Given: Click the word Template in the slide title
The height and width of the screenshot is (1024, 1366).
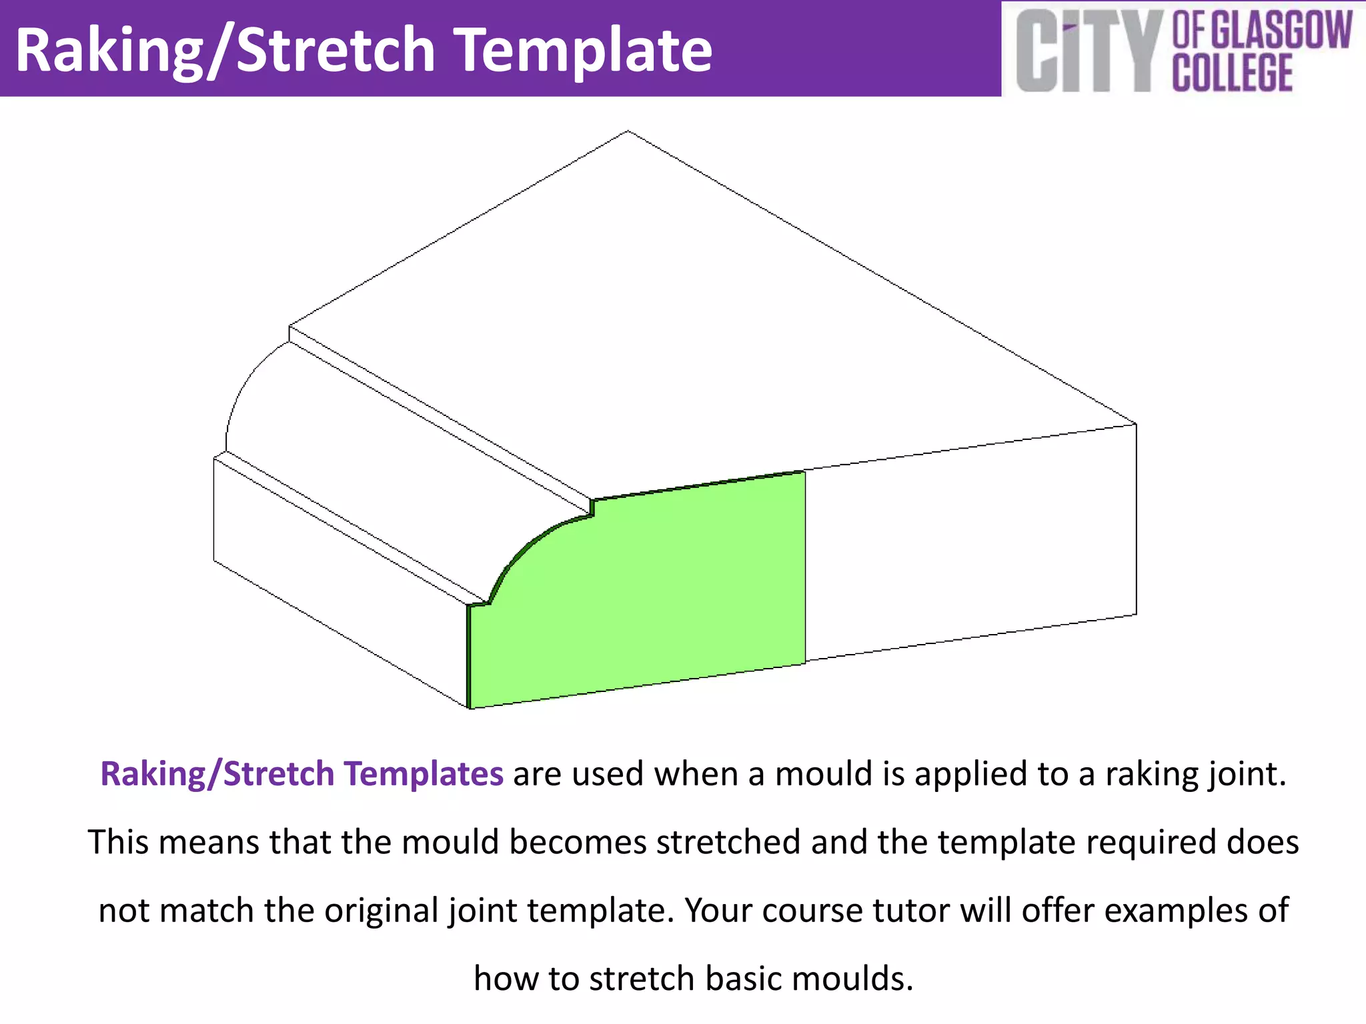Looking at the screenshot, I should [x=585, y=51].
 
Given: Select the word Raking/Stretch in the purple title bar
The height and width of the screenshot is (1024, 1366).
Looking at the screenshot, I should [x=225, y=51].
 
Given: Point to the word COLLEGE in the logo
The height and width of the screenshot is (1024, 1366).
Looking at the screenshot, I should [x=1233, y=72].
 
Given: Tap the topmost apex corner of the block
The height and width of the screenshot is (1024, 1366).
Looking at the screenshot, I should [x=628, y=131].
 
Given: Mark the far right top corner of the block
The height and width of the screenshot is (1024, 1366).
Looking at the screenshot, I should [x=1135, y=424].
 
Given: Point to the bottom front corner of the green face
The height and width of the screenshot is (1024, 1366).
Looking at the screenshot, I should [x=471, y=707].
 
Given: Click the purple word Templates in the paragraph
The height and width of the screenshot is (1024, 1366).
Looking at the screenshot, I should [x=423, y=774].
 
